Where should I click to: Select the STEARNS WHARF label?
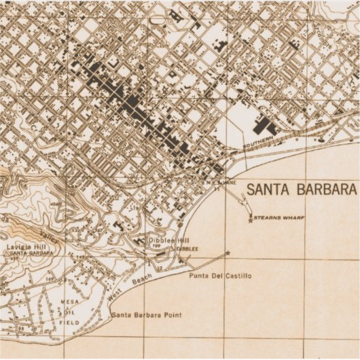click(x=278, y=218)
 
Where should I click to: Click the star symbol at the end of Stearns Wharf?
click(x=251, y=219)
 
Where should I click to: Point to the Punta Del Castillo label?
click(x=220, y=276)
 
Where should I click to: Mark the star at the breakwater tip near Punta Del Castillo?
click(x=227, y=253)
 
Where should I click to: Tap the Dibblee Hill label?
click(x=169, y=240)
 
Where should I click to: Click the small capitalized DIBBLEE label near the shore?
click(x=187, y=249)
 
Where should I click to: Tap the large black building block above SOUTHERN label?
click(x=264, y=126)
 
